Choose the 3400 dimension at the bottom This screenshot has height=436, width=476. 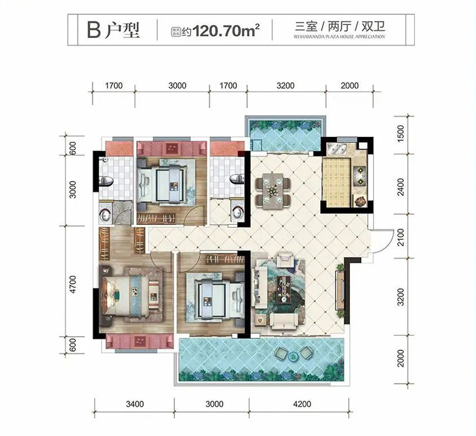[x=135, y=405]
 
